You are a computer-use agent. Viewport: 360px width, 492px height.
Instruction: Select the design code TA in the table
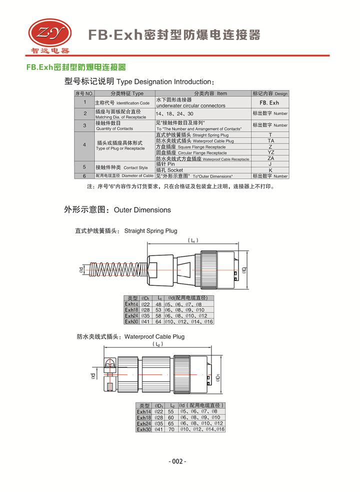270,141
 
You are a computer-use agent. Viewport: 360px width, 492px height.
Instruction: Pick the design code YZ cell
270,152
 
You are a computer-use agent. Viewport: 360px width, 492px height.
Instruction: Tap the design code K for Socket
270,170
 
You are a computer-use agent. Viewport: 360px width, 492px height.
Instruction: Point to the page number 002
178,461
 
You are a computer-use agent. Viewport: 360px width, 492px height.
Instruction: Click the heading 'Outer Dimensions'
142,210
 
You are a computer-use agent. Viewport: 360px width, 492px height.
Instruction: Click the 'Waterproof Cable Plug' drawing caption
154,337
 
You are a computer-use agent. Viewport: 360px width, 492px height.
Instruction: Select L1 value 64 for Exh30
158,321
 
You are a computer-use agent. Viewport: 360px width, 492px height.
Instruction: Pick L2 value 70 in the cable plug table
171,429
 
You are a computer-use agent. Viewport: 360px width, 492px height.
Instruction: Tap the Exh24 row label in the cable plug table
144,423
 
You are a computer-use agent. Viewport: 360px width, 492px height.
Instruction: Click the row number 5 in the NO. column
85,167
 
